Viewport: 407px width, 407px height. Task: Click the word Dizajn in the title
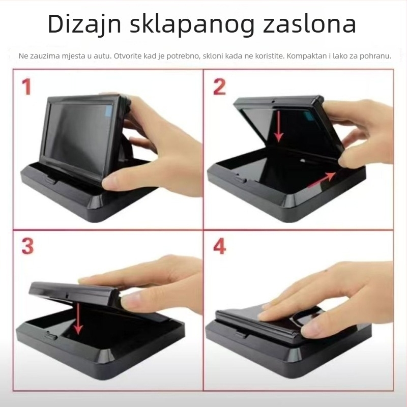83,24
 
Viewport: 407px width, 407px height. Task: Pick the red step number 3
27,246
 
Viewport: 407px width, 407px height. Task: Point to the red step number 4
220,246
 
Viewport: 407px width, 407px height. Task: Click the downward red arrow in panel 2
278,125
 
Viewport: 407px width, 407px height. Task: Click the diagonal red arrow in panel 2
321,179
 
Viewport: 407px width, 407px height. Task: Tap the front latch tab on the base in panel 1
51,179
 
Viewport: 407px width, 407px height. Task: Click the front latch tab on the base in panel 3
51,335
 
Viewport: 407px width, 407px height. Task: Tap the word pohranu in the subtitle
376,55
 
